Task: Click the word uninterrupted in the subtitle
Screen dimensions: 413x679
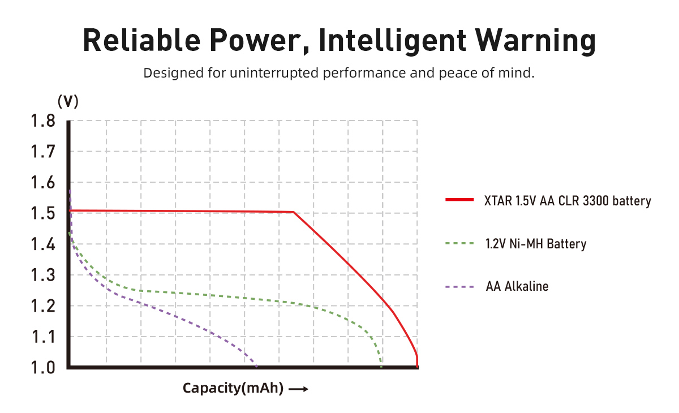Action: point(265,73)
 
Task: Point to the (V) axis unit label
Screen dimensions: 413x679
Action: point(68,101)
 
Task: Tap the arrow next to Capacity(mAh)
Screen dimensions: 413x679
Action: point(298,389)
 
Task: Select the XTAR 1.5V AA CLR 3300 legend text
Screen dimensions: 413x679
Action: point(568,201)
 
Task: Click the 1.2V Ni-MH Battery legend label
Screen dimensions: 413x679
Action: point(535,244)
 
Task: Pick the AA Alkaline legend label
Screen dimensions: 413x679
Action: point(517,286)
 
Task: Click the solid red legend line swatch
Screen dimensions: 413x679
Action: point(459,200)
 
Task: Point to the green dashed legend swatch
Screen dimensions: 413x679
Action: point(459,244)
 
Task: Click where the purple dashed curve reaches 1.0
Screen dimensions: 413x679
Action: point(256,367)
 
